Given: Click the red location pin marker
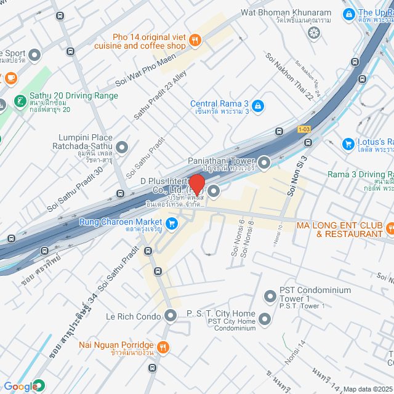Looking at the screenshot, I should click(x=196, y=184).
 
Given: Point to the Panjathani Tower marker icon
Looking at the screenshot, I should click(x=265, y=163).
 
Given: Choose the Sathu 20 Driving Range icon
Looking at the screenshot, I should click(x=20, y=100).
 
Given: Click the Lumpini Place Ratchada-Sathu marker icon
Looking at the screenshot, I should click(x=122, y=147).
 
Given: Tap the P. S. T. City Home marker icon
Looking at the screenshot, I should click(x=265, y=318).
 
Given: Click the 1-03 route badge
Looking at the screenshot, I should click(x=304, y=129).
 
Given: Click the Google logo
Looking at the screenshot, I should click(x=22, y=386).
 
